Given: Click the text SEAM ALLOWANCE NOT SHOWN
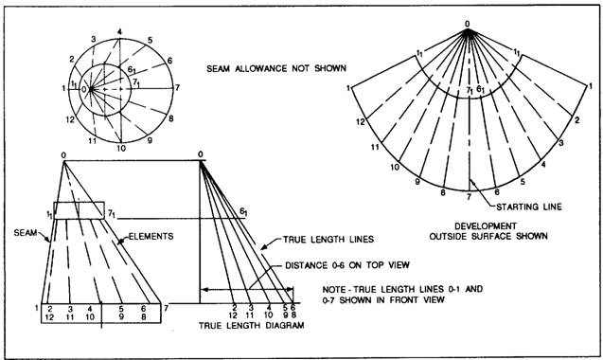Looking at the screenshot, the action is (276, 68).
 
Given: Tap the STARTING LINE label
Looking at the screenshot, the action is (529, 207).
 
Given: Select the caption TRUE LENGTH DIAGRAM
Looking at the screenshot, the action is (252, 325).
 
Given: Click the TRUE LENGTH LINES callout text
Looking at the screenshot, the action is (328, 240).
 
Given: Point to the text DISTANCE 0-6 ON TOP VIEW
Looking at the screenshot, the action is (347, 265).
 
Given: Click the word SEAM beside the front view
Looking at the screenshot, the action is (26, 232).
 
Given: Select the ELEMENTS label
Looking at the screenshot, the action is (151, 236).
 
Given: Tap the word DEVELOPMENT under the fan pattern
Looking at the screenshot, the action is (486, 226).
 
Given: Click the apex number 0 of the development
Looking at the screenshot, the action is (468, 24).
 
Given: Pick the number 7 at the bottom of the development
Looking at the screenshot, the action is (469, 197).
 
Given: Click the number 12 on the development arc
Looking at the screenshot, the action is (361, 122).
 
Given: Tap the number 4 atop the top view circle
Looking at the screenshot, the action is (119, 32).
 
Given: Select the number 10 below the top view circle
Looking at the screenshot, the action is (121, 148).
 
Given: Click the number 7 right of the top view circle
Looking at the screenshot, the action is (177, 88).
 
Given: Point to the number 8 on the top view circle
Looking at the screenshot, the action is (171, 118).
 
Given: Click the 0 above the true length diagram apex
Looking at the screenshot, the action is (201, 154).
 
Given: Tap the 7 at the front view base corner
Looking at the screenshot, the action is (167, 308).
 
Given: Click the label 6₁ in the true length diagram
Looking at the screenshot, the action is (244, 211).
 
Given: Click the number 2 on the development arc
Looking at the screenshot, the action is (576, 120).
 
